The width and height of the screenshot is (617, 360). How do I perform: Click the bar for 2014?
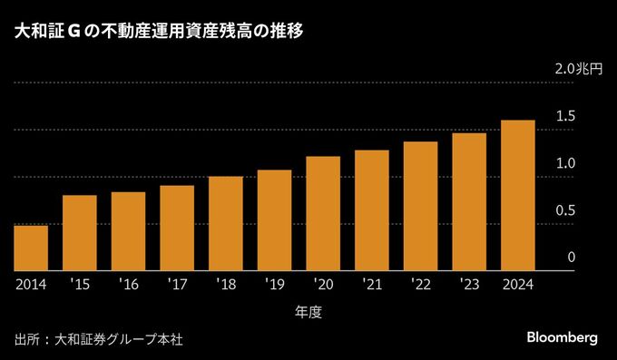31,248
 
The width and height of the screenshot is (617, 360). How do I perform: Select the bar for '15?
80,233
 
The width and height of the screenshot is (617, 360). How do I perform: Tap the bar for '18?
225,223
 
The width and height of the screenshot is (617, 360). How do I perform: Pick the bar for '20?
323,213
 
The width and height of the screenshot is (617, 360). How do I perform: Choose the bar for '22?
420,206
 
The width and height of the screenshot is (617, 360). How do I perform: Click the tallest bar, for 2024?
517,195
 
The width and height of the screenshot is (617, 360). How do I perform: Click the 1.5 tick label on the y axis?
566,116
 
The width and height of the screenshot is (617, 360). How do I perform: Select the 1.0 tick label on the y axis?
566,163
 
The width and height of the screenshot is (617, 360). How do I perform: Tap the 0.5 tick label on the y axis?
566,210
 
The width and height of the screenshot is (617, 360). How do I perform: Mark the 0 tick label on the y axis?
572,258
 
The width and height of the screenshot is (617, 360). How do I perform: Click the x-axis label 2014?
31,284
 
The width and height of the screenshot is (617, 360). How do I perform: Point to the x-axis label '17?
177,284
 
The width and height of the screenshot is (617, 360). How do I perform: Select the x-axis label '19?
274,284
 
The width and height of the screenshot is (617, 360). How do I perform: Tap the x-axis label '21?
371,284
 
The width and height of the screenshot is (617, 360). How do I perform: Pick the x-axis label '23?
468,284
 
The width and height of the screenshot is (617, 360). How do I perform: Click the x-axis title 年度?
308,312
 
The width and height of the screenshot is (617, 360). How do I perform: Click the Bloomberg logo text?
563,337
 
